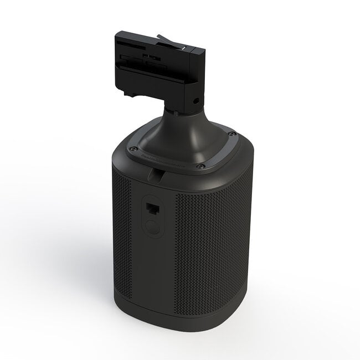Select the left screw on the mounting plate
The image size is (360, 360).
[x=132, y=148]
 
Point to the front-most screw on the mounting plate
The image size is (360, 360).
[x=200, y=166]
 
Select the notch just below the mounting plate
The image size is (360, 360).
[x=157, y=176]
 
